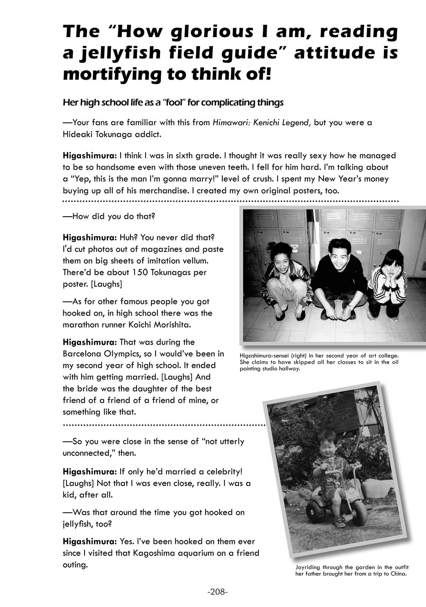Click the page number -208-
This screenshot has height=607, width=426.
tap(217, 591)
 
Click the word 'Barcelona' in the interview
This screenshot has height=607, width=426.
tap(82, 354)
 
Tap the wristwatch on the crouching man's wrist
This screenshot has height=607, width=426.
tap(351, 307)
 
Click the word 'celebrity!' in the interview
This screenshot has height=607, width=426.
tap(223, 472)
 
